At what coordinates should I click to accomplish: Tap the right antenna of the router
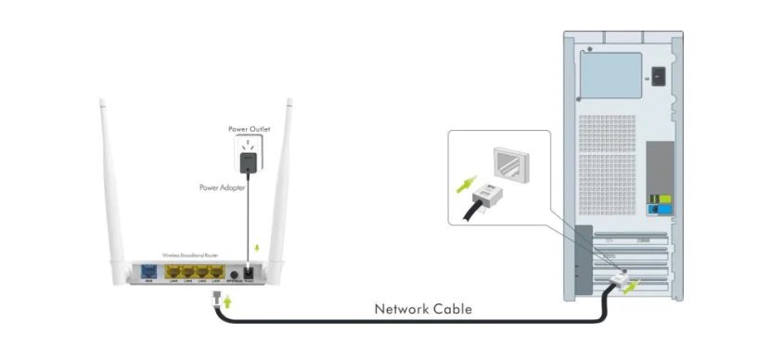coord(281,186)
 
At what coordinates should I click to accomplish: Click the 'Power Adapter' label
coord(222,187)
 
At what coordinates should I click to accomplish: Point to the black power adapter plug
coord(248,162)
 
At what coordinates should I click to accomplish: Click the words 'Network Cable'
coord(422,309)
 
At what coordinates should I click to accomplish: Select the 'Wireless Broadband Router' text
coord(192,255)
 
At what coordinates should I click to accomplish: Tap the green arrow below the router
coord(225,302)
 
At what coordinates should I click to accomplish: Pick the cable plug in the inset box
coord(486,194)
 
